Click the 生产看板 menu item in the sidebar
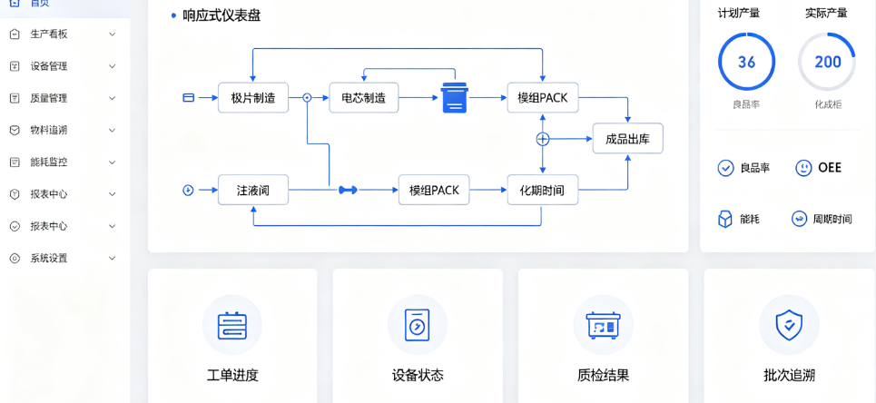49,34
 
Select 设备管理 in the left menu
49,66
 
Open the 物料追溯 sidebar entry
49,130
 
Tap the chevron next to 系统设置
113,259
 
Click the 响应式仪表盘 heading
221,15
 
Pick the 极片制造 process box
253,98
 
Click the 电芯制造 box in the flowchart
364,98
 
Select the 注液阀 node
253,190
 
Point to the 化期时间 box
543,190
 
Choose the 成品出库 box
627,139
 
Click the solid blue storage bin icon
454,98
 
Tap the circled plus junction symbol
543,139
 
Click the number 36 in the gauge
746,62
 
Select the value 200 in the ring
827,62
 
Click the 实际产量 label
826,13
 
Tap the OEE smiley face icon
803,168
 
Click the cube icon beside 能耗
725,220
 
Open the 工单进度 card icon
231,324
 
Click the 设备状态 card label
418,375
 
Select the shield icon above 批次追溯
789,324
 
